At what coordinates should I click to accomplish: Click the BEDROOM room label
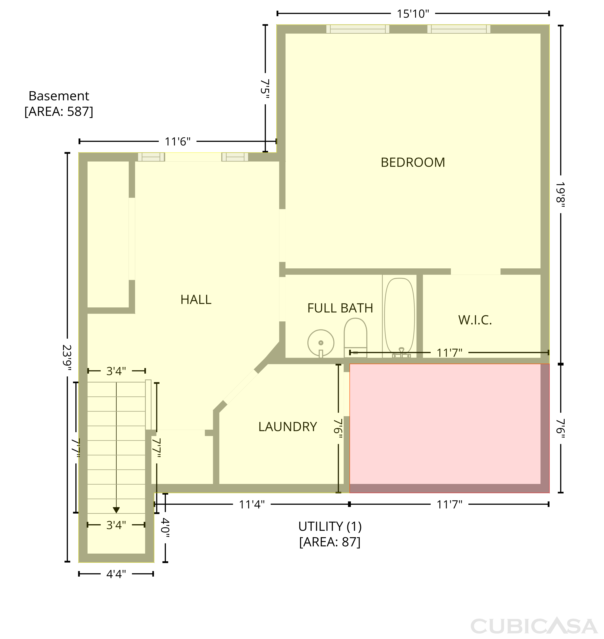pos(413,162)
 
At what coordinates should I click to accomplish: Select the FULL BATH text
pos(340,308)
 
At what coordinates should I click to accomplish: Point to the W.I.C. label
pos(475,320)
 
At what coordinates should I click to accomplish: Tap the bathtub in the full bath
pos(400,317)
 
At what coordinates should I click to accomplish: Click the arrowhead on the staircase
pos(116,510)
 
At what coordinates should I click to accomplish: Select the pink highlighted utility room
pos(449,428)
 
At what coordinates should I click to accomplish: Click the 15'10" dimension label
pos(413,14)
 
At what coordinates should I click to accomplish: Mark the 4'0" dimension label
pos(165,528)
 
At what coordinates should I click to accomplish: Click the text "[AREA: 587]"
pos(59,111)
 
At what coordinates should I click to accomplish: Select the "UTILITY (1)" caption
pos(330,527)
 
